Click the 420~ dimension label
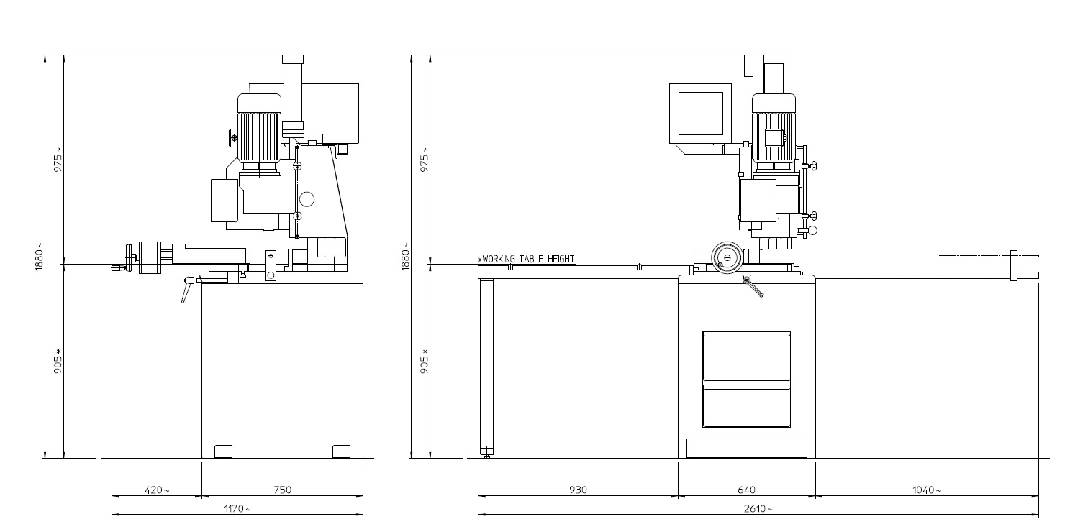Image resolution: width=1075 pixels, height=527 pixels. click(x=157, y=490)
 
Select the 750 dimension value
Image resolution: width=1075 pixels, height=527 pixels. click(x=282, y=490)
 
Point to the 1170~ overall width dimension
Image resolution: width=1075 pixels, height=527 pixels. click(x=237, y=509)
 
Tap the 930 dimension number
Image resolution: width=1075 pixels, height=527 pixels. click(x=578, y=490)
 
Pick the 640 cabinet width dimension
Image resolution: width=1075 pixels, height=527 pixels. click(x=746, y=490)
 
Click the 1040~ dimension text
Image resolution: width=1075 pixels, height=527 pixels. click(x=927, y=490)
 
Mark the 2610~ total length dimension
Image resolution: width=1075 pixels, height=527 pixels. click(x=758, y=509)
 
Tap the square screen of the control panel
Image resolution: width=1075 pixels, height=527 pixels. click(x=701, y=114)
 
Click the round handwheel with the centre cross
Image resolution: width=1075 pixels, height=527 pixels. click(x=727, y=257)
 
